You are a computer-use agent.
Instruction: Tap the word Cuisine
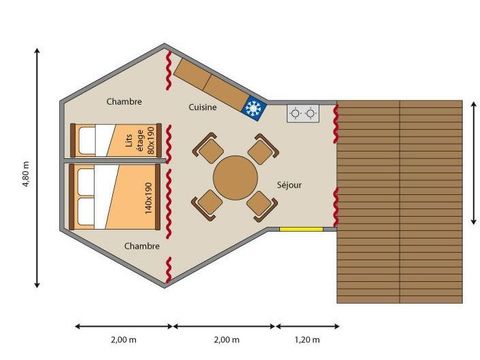click(203, 106)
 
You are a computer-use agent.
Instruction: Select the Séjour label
click(289, 186)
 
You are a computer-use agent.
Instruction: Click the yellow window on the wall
click(300, 229)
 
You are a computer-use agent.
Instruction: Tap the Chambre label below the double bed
click(142, 246)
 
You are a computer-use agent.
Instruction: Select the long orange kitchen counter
click(204, 81)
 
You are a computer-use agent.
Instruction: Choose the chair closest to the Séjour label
click(260, 205)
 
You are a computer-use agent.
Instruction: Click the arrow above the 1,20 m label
click(307, 326)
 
